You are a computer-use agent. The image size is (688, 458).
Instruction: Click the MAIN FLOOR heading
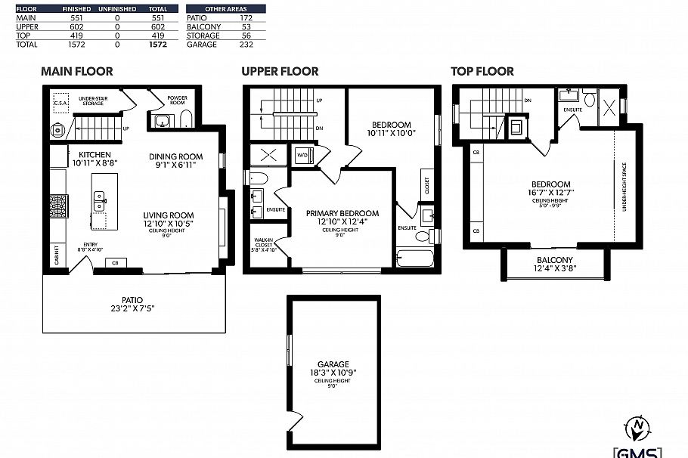(76, 72)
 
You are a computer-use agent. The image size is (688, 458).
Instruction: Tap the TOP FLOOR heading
(482, 72)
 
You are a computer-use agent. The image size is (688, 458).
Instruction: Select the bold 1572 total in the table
(157, 45)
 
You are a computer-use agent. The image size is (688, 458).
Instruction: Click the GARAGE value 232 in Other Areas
(246, 45)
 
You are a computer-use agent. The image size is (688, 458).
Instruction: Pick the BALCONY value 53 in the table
(246, 26)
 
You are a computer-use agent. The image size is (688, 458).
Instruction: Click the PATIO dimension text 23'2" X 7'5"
(132, 308)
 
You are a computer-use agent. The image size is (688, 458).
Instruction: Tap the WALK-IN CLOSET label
(264, 241)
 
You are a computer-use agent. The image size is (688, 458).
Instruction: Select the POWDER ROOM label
(177, 99)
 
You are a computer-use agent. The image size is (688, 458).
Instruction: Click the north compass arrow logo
(640, 429)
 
